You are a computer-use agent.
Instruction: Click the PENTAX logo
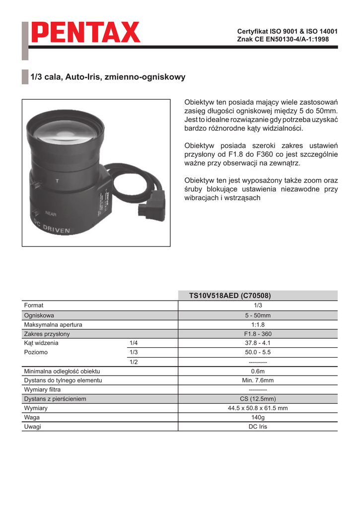86,33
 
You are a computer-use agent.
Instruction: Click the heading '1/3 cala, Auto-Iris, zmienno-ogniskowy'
108,77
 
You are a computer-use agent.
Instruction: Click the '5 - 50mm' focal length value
258,316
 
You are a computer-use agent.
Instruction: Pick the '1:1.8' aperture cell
258,324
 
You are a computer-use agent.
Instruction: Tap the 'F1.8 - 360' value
258,334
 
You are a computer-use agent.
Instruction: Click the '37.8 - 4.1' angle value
258,343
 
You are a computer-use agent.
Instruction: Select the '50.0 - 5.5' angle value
258,352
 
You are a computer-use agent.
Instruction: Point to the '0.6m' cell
258,371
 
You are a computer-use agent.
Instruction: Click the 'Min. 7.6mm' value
258,381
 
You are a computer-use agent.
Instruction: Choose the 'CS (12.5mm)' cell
258,399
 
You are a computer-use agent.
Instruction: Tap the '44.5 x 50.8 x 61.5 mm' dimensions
258,408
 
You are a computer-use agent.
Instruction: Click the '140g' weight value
258,417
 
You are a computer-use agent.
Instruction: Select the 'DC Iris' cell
258,427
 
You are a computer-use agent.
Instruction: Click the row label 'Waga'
32,417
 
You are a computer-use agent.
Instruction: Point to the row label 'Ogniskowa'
39,316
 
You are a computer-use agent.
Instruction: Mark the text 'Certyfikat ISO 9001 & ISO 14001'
288,31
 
